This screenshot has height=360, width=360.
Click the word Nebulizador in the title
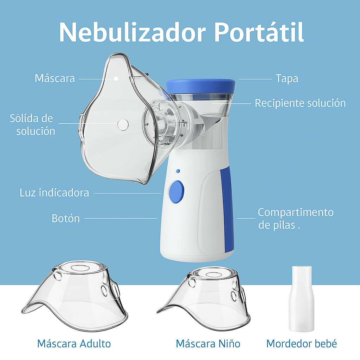coord(132,32)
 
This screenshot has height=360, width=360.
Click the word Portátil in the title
coord(259,32)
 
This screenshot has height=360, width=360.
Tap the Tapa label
coord(287,78)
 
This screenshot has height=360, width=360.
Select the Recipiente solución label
coord(300,103)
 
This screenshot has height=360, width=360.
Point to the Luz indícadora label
coord(54,193)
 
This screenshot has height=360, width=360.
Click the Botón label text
coord(66,218)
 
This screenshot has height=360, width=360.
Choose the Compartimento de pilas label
coord(295,218)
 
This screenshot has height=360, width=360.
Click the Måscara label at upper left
coord(55,78)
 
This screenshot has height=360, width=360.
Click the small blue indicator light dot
coord(178,171)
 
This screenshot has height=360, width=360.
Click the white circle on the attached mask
coord(123,124)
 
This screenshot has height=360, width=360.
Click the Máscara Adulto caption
coord(74,343)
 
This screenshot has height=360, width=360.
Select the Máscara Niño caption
coord(208,343)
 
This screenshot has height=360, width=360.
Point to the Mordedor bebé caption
coord(302,343)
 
